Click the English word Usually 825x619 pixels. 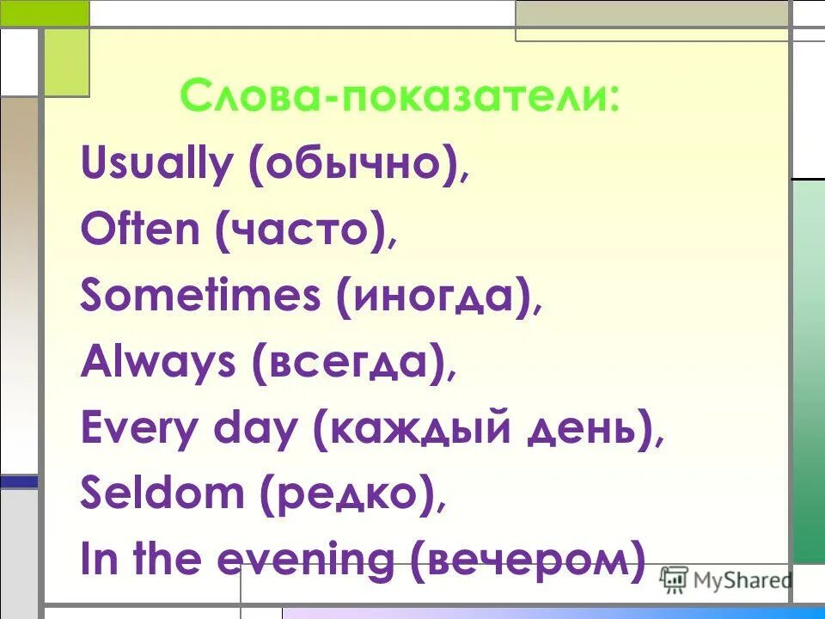tap(156, 163)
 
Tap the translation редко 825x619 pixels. tap(343, 496)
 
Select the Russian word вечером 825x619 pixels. tap(528, 561)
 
